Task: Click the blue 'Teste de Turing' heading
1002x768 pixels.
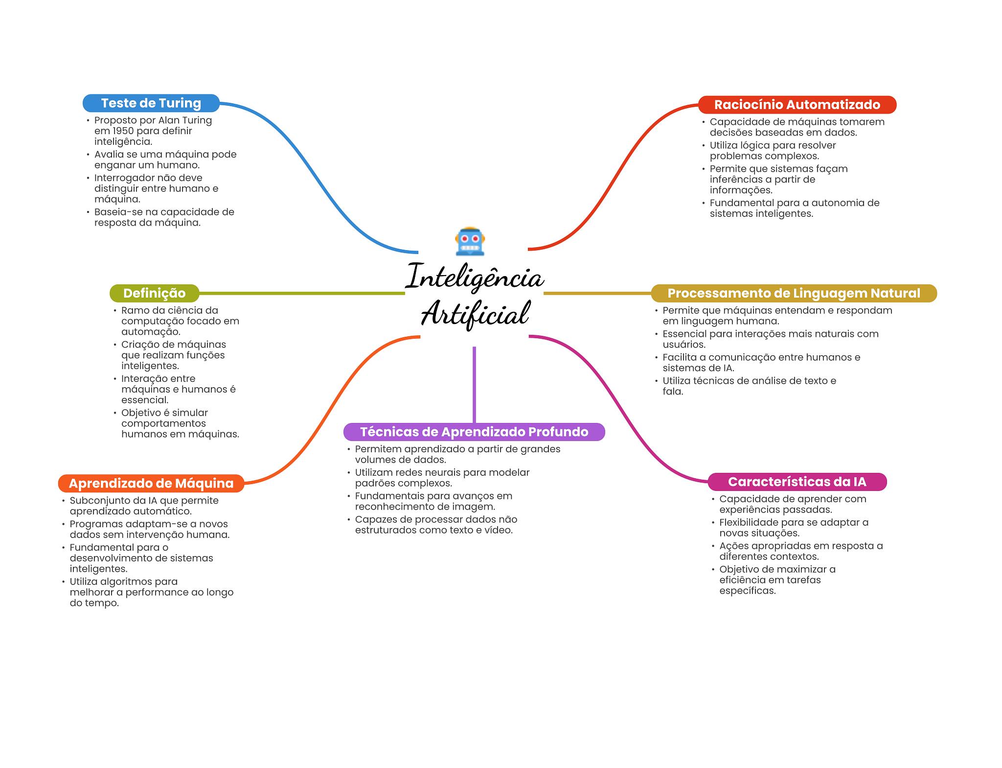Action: [151, 103]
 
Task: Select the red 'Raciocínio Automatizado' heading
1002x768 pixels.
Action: [797, 105]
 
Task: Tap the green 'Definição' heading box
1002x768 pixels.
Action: [154, 293]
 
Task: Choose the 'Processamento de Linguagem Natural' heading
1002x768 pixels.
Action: [794, 293]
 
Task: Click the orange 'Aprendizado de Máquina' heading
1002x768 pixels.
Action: [151, 483]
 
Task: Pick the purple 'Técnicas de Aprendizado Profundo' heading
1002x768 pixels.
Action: [474, 432]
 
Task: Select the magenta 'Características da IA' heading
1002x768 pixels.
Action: [797, 482]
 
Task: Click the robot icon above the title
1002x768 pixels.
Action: [470, 242]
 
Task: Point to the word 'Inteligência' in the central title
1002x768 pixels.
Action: [475, 278]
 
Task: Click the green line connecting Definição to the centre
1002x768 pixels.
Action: [301, 293]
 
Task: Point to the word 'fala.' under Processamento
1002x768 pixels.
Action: [673, 392]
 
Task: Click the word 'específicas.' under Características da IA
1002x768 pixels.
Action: [747, 591]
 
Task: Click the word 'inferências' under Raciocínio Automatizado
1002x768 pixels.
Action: [736, 180]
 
